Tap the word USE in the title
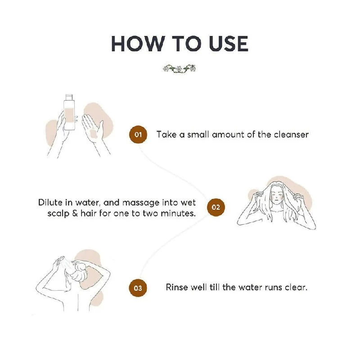tap(229, 44)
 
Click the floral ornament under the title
tap(179, 68)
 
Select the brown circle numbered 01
tap(138, 135)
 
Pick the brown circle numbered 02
tap(216, 207)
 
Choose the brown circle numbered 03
tap(138, 288)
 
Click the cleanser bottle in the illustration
tap(69, 112)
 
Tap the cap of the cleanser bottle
tap(69, 97)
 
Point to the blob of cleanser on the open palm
tap(94, 134)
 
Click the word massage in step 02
tap(141, 203)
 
